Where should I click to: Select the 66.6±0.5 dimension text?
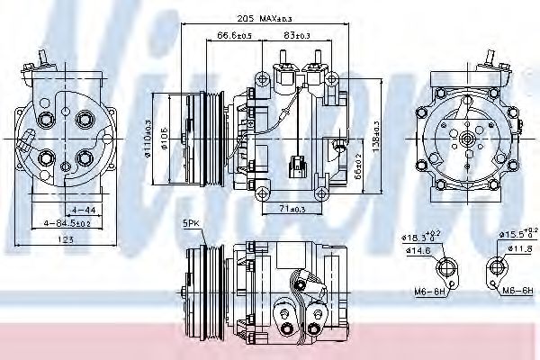[234, 35]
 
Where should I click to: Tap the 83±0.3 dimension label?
[295, 35]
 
